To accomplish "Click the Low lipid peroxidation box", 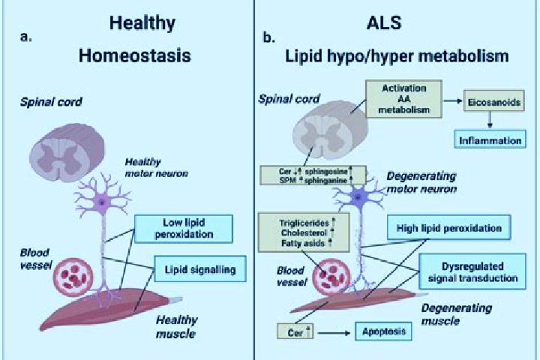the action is point(184,229).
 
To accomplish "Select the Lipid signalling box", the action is point(200,268).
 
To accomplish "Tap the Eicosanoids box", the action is point(494,100).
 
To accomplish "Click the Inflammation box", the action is point(490,139).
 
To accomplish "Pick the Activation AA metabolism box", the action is point(403,99).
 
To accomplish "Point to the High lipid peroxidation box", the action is point(449,227).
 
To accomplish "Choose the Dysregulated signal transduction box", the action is point(472,271).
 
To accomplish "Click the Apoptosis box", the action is point(384,331).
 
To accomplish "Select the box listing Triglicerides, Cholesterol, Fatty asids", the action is point(304,232).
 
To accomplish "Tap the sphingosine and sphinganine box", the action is point(313,175).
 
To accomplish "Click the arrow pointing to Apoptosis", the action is point(334,333).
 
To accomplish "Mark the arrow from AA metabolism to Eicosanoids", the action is point(452,100).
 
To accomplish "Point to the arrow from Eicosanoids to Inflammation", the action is point(490,120).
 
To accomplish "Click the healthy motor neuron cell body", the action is point(102,201).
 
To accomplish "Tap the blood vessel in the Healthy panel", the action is point(73,277).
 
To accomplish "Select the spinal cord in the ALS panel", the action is point(330,130).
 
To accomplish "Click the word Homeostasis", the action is point(135,55).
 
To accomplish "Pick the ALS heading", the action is point(384,22).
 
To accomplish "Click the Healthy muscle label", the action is point(176,326).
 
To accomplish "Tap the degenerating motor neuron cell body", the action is point(358,197).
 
